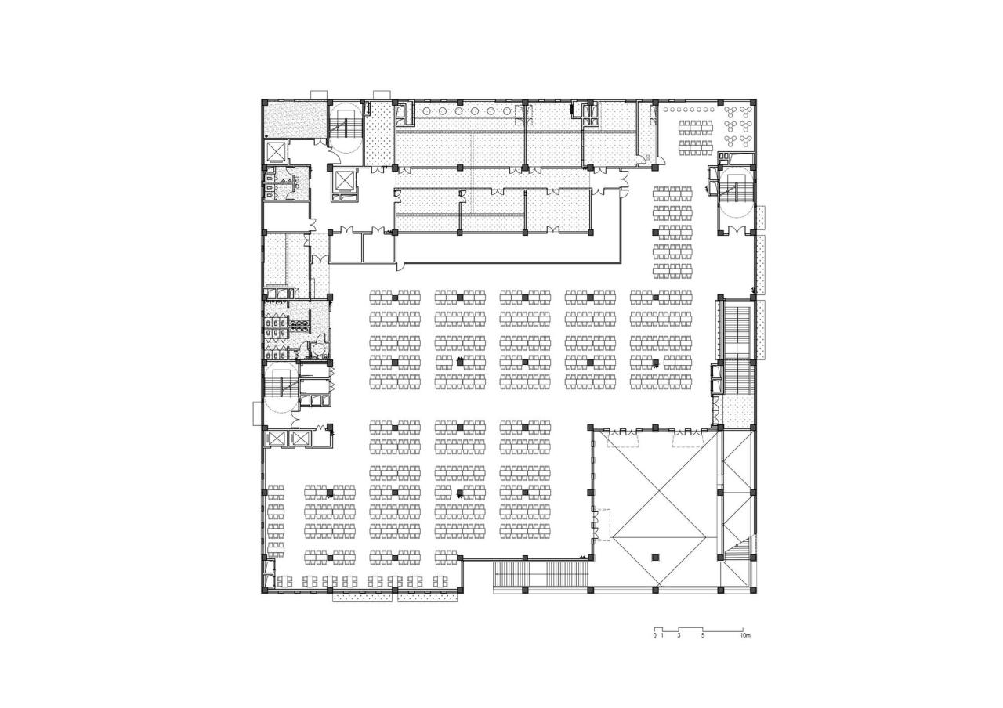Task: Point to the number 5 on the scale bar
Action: point(703,636)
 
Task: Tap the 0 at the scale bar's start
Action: point(654,636)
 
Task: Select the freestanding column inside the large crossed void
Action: point(657,558)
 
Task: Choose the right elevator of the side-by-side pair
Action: point(301,439)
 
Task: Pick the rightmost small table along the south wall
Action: point(440,581)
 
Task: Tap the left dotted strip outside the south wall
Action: point(363,597)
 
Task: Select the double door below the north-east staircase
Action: point(735,229)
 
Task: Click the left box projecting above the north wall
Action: point(320,94)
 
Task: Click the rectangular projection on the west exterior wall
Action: point(256,412)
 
